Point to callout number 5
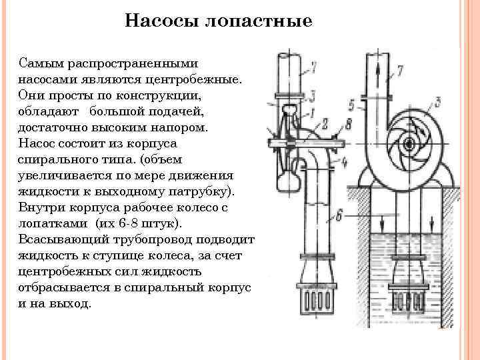click(351, 104)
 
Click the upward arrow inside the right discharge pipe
click(379, 68)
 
